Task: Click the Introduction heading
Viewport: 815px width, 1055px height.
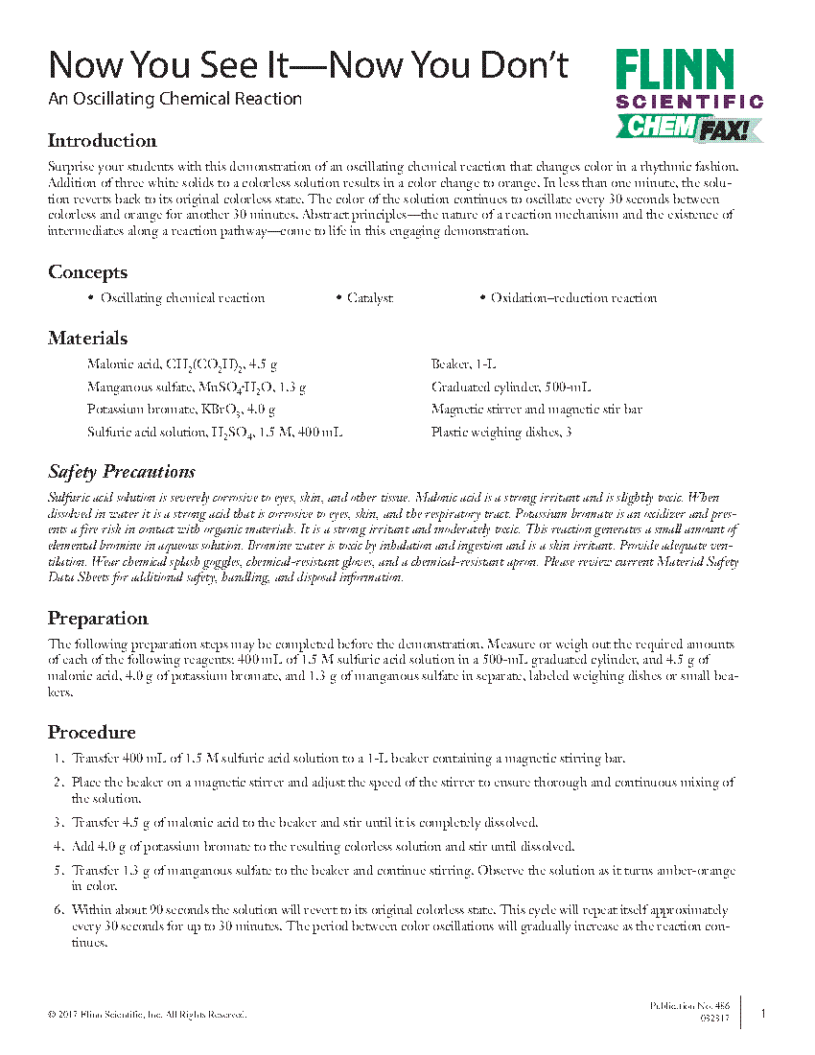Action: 103,141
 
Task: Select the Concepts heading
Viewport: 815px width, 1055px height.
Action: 87,272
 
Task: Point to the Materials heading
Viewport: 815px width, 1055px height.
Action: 88,339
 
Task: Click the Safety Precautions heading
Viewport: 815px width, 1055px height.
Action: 122,472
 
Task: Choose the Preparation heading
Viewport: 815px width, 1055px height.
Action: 99,618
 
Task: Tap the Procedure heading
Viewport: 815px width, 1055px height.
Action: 92,733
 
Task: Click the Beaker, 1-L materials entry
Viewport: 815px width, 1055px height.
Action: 464,364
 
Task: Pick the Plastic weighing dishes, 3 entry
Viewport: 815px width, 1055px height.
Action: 495,433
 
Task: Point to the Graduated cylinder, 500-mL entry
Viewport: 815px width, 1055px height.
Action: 511,387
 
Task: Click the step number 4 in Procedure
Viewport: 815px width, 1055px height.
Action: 58,846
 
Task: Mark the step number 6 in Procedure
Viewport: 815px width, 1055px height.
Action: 58,909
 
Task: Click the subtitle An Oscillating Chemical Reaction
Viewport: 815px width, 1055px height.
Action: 175,99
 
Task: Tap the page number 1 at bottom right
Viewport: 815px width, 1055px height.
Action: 763,1013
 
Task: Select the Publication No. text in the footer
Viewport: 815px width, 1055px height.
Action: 689,1005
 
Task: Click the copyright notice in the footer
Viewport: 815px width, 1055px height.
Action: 148,1015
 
